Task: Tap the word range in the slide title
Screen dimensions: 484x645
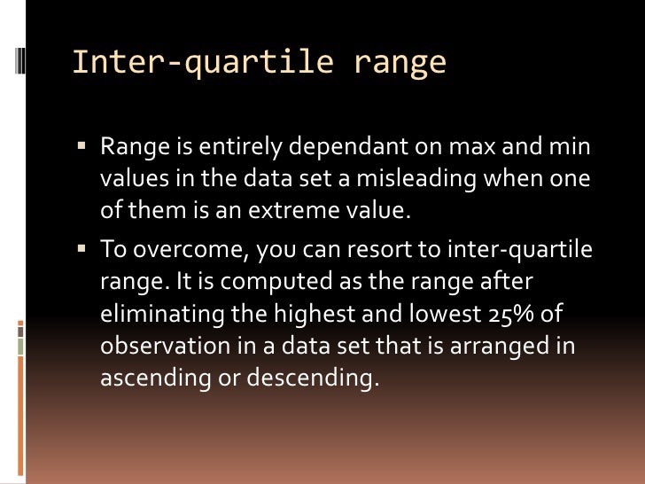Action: coord(400,63)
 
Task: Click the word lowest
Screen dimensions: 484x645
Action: coord(420,315)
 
